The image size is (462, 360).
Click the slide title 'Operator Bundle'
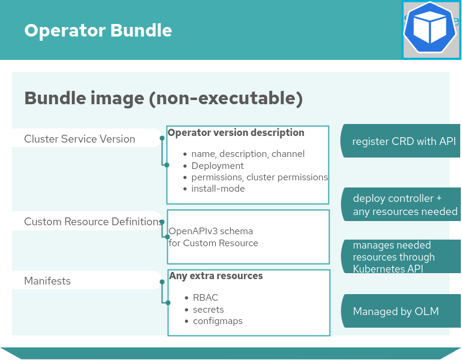98,31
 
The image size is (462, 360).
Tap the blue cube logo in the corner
431,30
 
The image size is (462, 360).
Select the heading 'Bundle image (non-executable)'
163,98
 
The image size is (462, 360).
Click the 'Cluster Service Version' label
80,139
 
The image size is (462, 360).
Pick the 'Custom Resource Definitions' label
92,222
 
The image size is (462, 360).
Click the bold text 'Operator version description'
236,133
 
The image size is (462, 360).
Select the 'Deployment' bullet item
218,166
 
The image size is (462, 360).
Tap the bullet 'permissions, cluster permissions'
259,177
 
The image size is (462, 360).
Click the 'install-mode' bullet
218,189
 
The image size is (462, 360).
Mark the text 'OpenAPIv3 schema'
210,231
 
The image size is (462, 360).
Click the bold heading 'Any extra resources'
216,276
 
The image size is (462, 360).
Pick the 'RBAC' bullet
206,298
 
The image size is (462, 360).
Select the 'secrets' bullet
208,310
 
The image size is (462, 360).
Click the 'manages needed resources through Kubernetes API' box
400,257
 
